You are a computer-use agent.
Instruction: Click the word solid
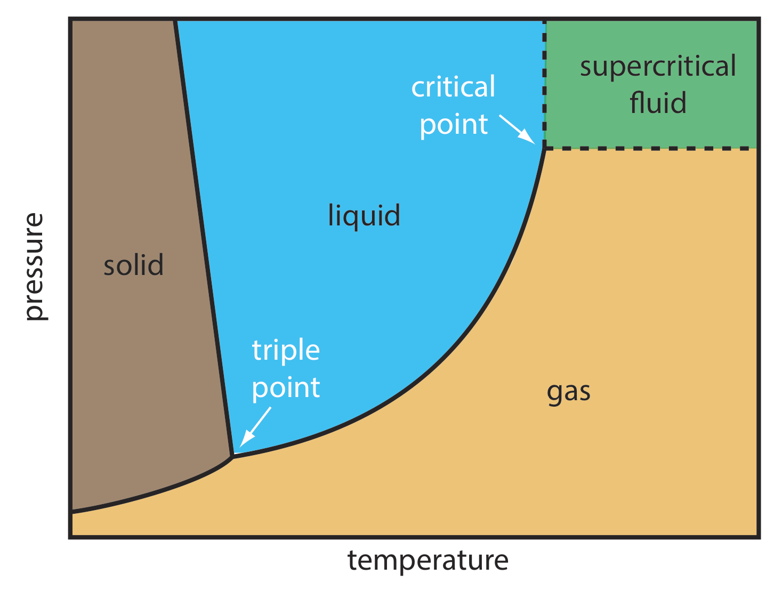(x=133, y=265)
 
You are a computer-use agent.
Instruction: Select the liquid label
(x=364, y=216)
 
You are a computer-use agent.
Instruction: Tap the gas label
(x=568, y=392)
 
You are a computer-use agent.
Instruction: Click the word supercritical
(x=658, y=67)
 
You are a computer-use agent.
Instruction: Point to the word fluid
(x=658, y=103)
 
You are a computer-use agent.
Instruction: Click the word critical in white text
(x=453, y=87)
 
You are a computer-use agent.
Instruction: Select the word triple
(x=286, y=351)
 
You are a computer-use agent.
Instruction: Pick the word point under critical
(x=454, y=125)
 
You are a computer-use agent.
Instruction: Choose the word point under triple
(x=286, y=388)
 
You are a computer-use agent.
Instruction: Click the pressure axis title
(x=34, y=266)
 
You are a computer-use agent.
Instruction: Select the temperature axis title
(x=428, y=561)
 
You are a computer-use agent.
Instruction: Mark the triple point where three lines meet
(x=232, y=456)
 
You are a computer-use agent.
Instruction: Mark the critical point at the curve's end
(x=544, y=149)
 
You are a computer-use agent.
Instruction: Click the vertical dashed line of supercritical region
(x=544, y=80)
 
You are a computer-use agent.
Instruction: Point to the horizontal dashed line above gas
(x=650, y=148)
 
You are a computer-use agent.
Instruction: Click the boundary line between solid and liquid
(x=203, y=234)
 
